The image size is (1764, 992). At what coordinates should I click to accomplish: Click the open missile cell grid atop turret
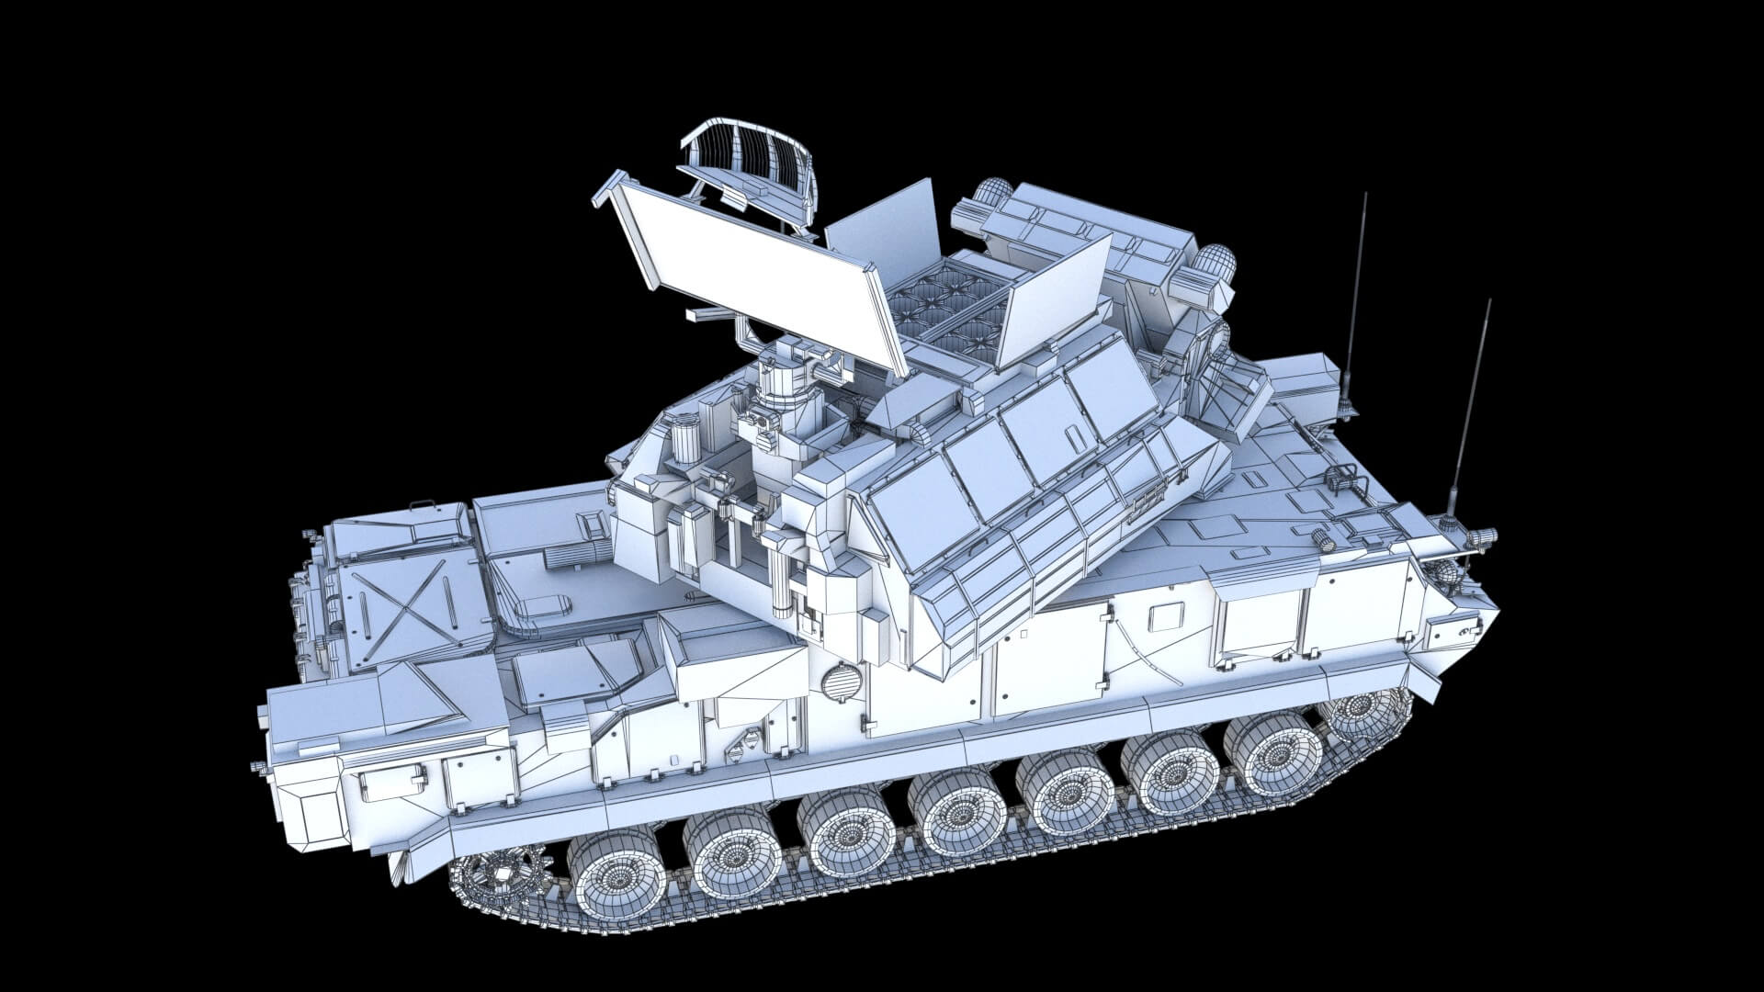click(x=946, y=312)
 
